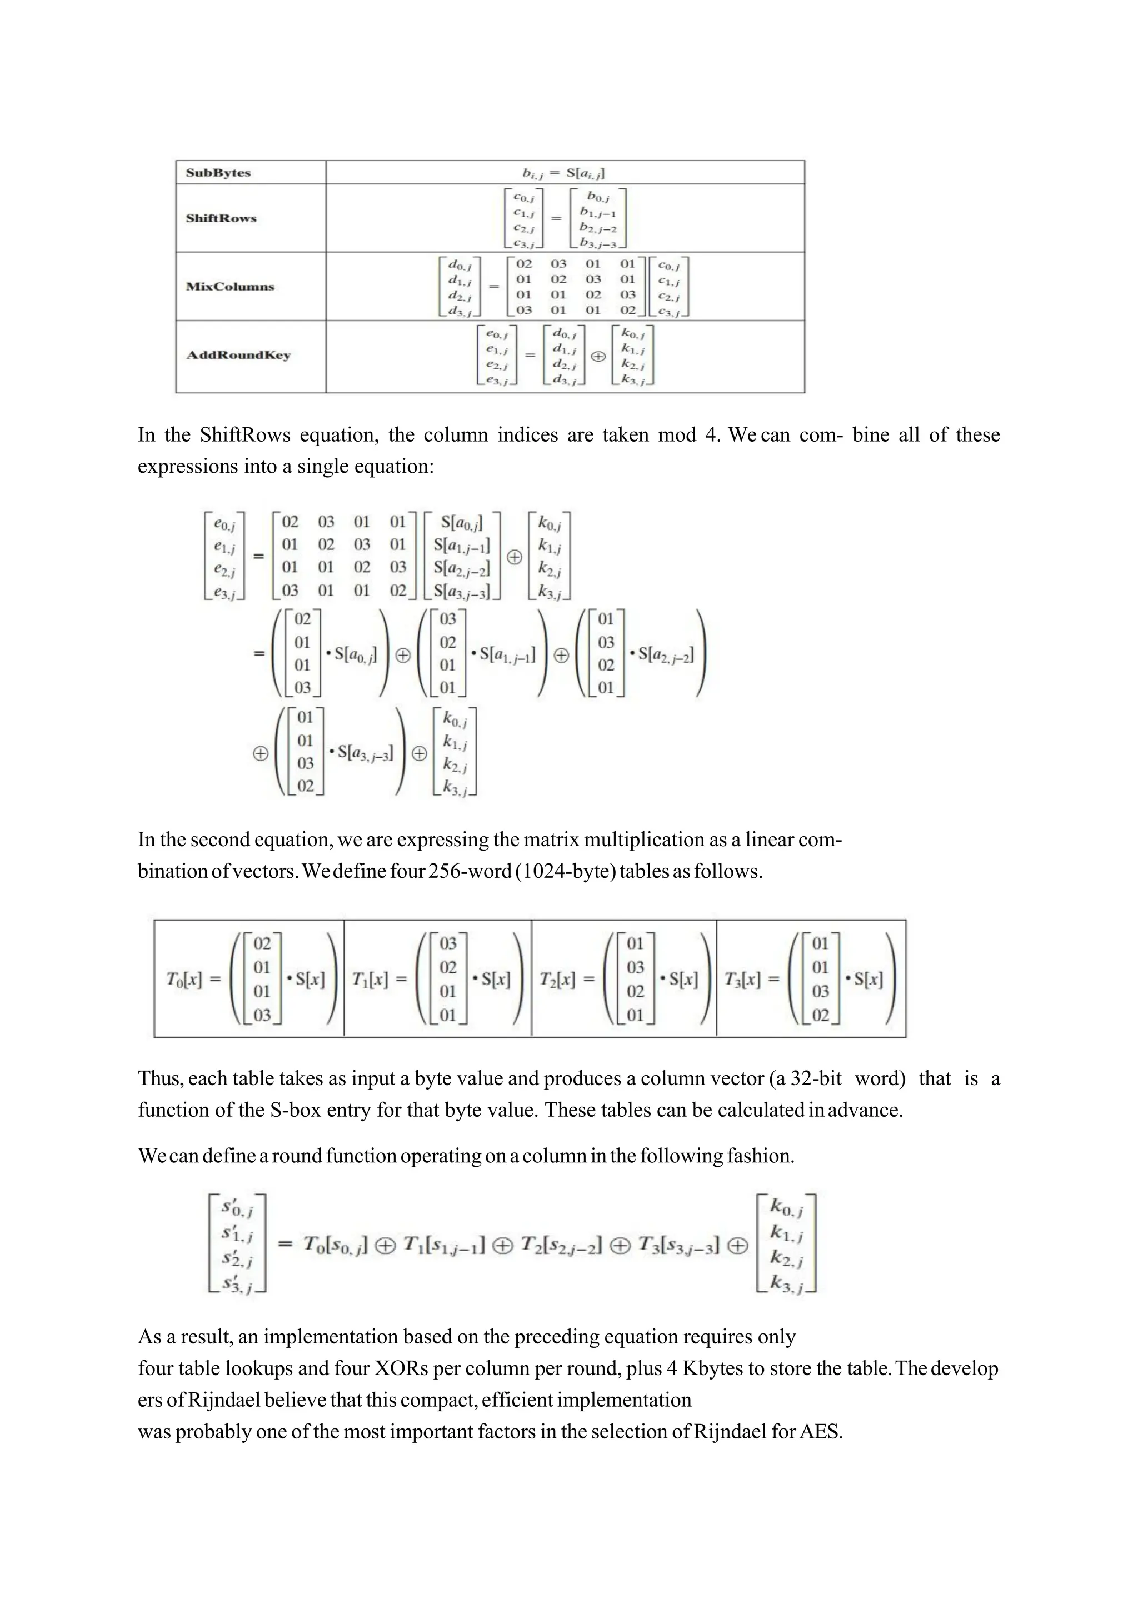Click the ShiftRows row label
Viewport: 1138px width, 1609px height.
222,218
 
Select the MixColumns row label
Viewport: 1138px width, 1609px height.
230,287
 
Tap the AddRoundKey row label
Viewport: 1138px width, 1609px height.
238,355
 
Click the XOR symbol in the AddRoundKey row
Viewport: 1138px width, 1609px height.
598,356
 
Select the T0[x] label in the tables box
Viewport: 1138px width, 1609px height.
183,979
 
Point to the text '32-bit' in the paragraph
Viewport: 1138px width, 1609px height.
816,1078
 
